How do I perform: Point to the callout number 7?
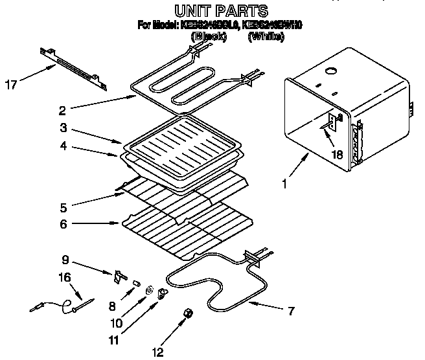point(290,311)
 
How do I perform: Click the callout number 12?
point(156,352)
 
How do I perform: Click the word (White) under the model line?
point(266,38)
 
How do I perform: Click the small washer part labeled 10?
point(150,290)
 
